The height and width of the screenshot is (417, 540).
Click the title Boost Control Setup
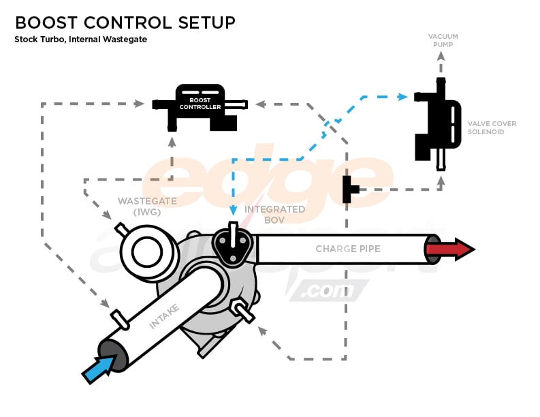click(125, 22)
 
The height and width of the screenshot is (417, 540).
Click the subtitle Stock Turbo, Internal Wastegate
click(80, 40)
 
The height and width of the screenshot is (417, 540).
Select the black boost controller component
click(200, 107)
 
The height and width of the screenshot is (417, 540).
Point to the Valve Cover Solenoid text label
click(492, 127)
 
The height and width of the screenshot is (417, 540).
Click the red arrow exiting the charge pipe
click(451, 249)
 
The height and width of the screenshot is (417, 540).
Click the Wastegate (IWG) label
click(146, 206)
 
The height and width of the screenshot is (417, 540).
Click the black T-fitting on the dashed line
click(349, 189)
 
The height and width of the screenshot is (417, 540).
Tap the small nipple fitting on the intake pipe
click(118, 318)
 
